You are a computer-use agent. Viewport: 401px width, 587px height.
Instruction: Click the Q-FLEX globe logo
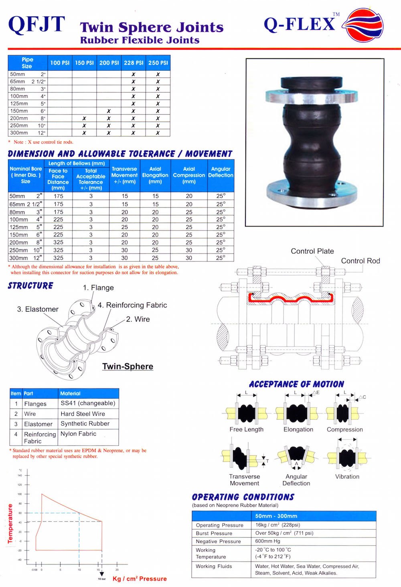point(364,25)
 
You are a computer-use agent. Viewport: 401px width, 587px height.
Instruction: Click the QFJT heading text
point(36,24)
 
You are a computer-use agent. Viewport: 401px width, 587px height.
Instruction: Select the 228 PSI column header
point(134,63)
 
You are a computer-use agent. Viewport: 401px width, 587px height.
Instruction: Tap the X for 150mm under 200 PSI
point(109,111)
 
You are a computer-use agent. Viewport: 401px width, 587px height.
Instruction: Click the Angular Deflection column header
point(221,172)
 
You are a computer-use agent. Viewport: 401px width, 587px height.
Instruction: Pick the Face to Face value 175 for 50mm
point(58,196)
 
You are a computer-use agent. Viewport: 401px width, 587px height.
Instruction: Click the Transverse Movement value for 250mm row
point(125,250)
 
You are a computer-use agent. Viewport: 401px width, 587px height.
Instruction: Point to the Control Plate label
point(312,251)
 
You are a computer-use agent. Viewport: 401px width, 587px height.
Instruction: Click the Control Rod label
point(360,261)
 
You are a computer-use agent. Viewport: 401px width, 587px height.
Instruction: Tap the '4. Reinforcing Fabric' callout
point(132,305)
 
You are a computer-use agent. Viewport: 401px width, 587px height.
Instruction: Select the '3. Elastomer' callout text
point(38,309)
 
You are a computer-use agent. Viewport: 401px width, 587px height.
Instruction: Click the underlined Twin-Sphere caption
point(128,366)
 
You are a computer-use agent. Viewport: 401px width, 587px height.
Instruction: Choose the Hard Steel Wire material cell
point(83,414)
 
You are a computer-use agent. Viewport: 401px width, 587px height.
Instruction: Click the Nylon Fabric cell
point(78,434)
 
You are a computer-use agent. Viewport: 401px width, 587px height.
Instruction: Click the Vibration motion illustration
point(347,457)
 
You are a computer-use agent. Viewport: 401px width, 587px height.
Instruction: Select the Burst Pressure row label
point(214,533)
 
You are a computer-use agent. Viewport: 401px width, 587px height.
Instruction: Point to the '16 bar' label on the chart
point(101,579)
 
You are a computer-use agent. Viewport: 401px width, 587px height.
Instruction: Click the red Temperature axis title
point(10,523)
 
